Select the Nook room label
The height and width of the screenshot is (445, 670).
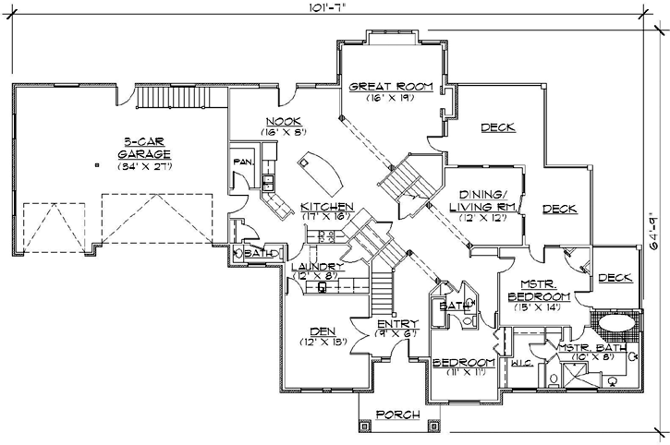[x=278, y=122]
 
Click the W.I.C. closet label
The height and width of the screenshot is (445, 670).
[x=518, y=364]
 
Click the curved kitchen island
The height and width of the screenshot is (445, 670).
[x=320, y=169]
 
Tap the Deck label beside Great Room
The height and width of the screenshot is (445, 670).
[x=497, y=127]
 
